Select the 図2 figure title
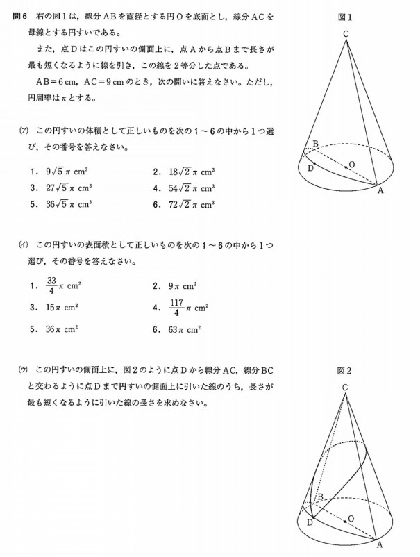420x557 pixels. pyautogui.click(x=344, y=370)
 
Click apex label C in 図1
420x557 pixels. pyautogui.click(x=345, y=32)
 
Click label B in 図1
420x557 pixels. pyautogui.click(x=315, y=144)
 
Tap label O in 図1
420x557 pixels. pyautogui.click(x=352, y=164)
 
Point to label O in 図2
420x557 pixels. pyautogui.click(x=351, y=519)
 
